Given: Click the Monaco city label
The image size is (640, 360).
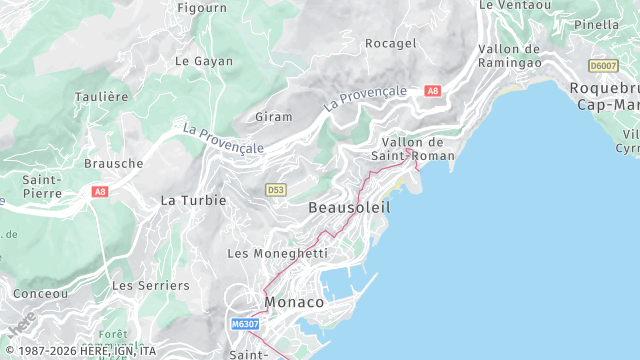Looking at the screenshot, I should (294, 301).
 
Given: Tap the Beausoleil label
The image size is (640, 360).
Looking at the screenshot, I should (349, 207).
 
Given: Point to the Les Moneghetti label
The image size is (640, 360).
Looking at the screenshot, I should (277, 254).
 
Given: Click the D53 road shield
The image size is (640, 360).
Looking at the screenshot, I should (277, 189).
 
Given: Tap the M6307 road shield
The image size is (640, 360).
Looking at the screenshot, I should (245, 324).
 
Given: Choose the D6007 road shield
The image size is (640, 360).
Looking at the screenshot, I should (603, 66).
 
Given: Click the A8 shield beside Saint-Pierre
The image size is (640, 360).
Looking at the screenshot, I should (99, 191).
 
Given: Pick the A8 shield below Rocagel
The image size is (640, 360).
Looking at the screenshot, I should (432, 91).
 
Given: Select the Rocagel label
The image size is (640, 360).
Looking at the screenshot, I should (390, 44).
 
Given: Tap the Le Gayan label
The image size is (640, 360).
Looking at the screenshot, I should (203, 61).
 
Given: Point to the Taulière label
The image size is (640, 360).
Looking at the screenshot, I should (101, 97).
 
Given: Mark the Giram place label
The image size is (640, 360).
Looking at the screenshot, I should (273, 117).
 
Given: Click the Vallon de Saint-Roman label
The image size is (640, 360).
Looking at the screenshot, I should (412, 149).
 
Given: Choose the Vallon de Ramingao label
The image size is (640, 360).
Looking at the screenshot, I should (510, 55).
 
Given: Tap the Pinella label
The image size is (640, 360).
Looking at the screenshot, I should (597, 24).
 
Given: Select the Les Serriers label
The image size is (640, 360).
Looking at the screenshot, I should (150, 285).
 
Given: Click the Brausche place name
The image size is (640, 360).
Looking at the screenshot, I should (113, 163).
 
